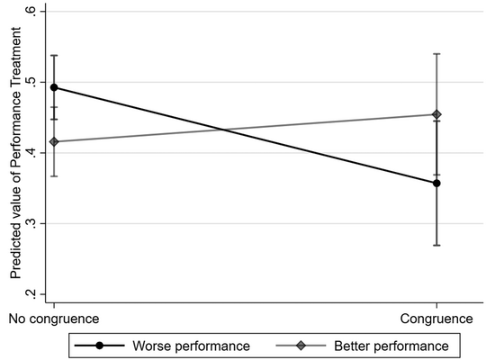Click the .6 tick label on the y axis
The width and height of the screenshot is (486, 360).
pos(31,12)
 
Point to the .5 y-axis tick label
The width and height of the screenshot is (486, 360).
pos(31,82)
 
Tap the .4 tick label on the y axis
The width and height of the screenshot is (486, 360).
pos(31,153)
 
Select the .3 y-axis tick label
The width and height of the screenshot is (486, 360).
pos(31,223)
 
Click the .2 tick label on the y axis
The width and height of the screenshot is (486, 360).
pos(31,294)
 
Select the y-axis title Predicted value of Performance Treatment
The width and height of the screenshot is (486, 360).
pos(15,153)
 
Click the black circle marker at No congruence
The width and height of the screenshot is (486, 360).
pos(54,87)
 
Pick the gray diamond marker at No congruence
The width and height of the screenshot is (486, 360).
pos(54,141)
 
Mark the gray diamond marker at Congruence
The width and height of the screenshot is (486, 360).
pos(436,114)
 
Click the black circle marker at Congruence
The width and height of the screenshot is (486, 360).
pos(436,183)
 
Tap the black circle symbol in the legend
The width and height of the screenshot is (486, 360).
pos(99,344)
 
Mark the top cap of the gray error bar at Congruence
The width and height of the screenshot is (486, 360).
pos(436,54)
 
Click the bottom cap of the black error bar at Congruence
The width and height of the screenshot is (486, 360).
pos(436,245)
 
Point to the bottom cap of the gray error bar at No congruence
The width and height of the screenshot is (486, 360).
pos(54,175)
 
